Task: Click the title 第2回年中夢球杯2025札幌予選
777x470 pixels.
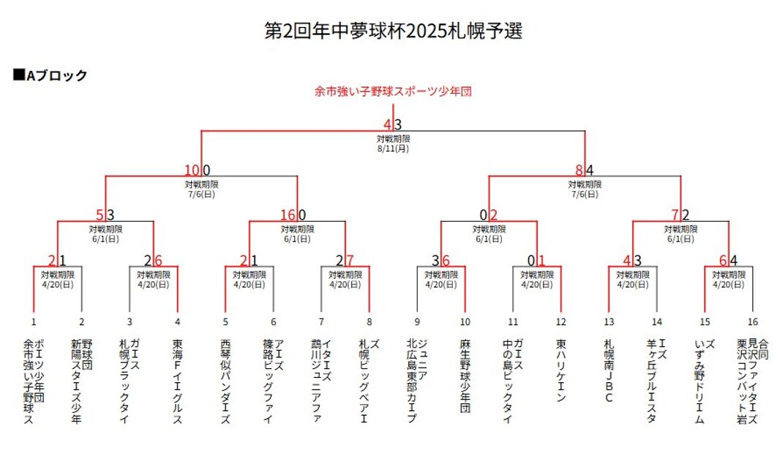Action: point(393,31)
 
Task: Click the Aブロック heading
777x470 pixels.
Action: point(50,75)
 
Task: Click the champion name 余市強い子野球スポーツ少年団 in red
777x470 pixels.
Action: point(393,92)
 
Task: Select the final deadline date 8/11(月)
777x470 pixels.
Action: point(393,148)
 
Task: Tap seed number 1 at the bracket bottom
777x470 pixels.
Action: point(34,321)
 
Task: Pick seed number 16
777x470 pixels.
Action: point(753,321)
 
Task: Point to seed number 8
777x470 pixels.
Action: point(369,321)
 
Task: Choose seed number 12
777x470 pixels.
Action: point(561,321)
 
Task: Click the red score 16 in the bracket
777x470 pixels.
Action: point(288,215)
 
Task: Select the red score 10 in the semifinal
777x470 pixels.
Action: point(193,171)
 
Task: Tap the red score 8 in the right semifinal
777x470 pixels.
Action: point(579,171)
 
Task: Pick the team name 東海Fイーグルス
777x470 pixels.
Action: point(178,381)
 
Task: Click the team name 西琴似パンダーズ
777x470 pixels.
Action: point(225,381)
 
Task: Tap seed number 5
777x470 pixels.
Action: point(225,321)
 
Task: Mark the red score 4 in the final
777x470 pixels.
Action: point(388,125)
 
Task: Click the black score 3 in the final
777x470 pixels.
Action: point(398,125)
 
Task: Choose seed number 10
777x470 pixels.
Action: point(465,321)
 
